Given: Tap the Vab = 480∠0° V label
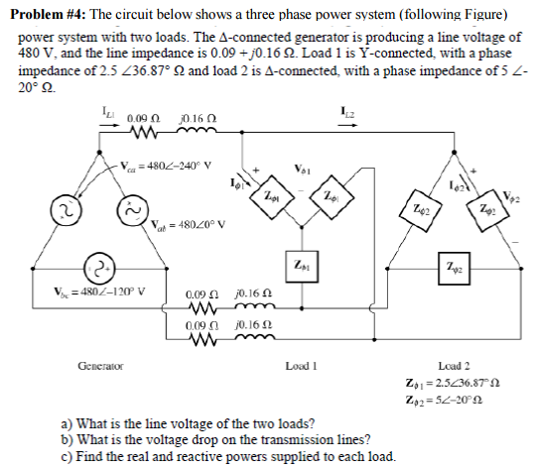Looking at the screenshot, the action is [x=188, y=224].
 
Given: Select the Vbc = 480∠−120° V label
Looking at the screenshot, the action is [x=99, y=292].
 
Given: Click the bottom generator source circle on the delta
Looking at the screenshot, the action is [x=99, y=269].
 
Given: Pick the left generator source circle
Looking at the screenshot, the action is [x=66, y=209].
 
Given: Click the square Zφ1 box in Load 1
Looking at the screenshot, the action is [x=302, y=266].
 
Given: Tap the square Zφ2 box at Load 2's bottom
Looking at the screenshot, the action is [x=454, y=269].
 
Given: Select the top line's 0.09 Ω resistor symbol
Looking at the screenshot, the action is [x=144, y=133].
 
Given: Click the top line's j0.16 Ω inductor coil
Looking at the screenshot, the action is [x=197, y=130].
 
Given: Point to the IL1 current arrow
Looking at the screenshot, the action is [x=109, y=125].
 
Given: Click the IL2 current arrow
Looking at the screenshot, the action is [x=347, y=125].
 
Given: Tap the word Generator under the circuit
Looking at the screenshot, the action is [x=100, y=366].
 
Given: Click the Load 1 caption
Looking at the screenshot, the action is [x=302, y=366].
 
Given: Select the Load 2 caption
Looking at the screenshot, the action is [x=454, y=366].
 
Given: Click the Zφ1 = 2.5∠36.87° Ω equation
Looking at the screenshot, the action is [x=453, y=383].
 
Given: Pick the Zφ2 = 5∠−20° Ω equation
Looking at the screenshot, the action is [x=444, y=400].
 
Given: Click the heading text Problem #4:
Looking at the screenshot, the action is [x=49, y=14].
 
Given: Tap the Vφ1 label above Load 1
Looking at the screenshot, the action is [x=303, y=170].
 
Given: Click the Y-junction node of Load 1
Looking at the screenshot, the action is [x=302, y=226].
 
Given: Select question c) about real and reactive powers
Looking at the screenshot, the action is [x=228, y=456].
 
